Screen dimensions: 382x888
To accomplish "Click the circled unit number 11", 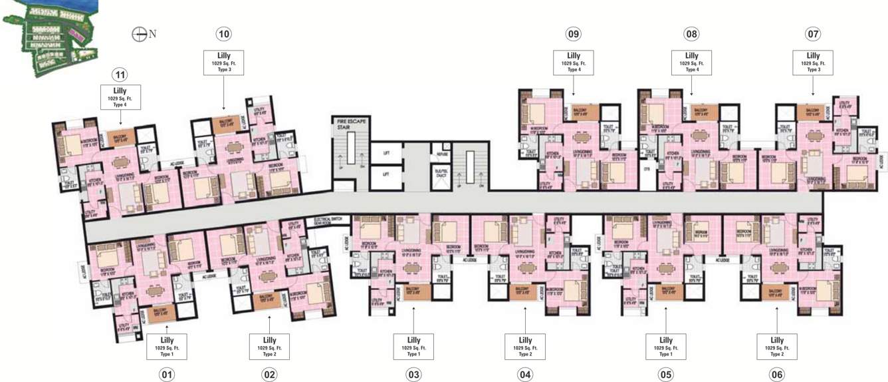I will coord(120,75).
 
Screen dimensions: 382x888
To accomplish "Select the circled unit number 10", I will coord(224,34).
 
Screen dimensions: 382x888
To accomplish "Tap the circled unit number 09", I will coord(574,34).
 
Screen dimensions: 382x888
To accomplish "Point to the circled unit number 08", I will coord(691,34).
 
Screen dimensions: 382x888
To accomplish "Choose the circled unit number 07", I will coord(813,34).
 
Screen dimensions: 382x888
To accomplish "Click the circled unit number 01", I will coord(167,375).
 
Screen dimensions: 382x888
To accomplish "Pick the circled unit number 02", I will coord(269,375).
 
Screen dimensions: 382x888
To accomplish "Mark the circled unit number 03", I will coord(413,375).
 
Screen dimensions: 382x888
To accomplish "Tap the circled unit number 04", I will coord(525,375).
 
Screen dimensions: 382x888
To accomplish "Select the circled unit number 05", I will coord(667,375).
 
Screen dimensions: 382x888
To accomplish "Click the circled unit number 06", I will coord(776,375).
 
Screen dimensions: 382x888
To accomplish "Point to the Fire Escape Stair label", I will coord(351,122).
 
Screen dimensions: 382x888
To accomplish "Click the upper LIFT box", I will coord(386,153).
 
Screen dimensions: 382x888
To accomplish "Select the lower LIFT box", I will coord(386,174).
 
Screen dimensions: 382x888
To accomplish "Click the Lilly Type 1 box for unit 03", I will coord(413,347).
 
